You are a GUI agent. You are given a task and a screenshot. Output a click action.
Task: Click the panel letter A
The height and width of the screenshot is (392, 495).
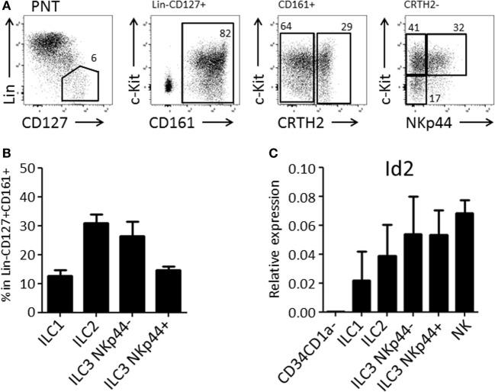(x=5, y=7)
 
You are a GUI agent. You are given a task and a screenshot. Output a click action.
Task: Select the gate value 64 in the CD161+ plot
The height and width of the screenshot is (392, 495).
(x=287, y=27)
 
